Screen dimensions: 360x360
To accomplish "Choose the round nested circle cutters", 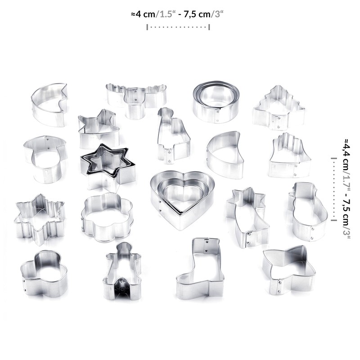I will point(216,101).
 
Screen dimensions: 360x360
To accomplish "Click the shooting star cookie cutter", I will point(247,216).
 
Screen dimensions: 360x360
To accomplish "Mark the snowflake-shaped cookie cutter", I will point(39,218).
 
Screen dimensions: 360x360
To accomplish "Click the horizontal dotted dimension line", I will point(179,27).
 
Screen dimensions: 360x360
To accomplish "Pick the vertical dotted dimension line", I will point(333,189).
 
